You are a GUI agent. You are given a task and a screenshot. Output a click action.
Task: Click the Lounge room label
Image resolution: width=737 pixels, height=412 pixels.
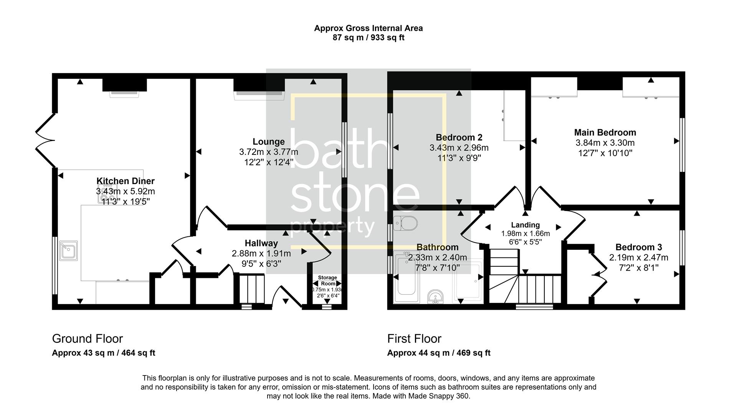tap(268, 142)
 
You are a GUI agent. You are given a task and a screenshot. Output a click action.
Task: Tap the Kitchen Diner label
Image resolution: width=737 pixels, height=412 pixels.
tap(125, 181)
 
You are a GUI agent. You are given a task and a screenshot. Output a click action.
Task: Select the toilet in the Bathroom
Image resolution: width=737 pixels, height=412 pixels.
tap(405, 223)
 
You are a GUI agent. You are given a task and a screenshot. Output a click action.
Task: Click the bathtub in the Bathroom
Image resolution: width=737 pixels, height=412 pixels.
tap(407, 278)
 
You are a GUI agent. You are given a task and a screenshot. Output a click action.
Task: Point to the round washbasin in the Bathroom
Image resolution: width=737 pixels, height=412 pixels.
tap(435, 297)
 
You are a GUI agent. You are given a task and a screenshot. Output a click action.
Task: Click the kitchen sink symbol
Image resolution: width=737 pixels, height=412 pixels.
tap(69, 251)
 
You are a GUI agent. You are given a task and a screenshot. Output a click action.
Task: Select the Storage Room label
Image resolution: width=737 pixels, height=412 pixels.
tap(327, 281)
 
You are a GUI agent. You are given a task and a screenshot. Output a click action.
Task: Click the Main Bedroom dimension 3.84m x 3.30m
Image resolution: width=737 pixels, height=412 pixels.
tap(605, 143)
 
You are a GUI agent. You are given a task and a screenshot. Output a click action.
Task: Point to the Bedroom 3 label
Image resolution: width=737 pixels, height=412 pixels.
tap(638, 248)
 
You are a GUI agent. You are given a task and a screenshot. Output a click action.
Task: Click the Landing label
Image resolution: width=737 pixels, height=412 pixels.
tap(525, 225)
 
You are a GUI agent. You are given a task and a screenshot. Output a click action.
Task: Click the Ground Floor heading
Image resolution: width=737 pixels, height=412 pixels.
tap(88, 339)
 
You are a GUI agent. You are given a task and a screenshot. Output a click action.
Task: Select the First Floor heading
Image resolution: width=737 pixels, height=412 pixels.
tap(414, 339)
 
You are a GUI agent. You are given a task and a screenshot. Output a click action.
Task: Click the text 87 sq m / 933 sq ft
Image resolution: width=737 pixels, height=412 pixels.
tap(368, 38)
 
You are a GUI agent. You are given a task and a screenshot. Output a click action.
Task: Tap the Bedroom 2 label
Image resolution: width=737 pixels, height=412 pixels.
tap(459, 138)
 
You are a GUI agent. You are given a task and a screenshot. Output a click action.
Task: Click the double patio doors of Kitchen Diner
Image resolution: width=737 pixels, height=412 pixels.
tap(45, 140)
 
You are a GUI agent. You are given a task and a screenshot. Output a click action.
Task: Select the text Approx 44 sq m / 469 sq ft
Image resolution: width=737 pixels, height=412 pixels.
tap(439, 353)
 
